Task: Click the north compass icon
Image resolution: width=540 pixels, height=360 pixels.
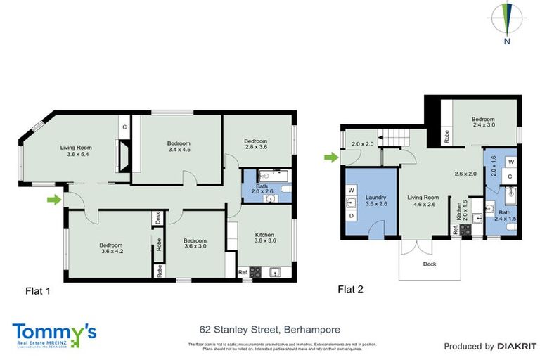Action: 506,21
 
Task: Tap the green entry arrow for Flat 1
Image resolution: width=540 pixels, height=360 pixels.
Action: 53,200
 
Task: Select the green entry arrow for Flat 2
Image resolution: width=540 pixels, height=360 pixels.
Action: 330,157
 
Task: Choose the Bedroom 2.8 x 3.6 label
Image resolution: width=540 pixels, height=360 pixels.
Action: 257,143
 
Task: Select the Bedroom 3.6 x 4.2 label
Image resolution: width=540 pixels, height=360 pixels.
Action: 111,247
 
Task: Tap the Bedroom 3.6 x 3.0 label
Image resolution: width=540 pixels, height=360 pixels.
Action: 189,243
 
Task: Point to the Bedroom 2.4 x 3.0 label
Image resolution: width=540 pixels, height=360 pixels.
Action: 484,123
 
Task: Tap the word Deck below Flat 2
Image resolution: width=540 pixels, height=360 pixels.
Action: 429,265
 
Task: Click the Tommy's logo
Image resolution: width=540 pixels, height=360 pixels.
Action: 54,333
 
